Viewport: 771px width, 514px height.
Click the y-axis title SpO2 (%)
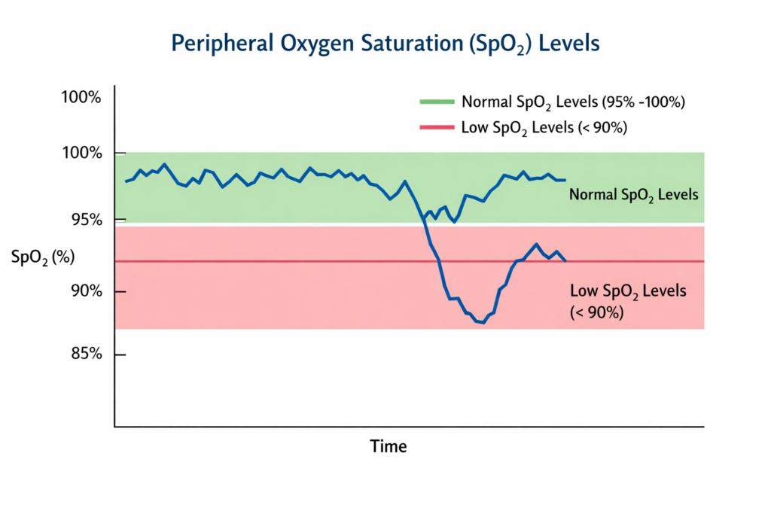point(43,257)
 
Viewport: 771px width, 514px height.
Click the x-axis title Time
point(389,446)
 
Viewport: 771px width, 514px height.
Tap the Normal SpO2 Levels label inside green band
point(634,195)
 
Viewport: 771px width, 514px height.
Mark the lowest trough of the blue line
point(482,323)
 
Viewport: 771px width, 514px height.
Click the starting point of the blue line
point(126,181)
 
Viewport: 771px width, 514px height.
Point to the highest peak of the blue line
point(165,164)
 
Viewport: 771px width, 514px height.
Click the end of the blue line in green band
point(565,180)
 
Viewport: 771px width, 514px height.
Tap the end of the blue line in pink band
point(565,260)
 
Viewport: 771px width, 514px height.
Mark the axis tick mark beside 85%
point(120,354)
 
